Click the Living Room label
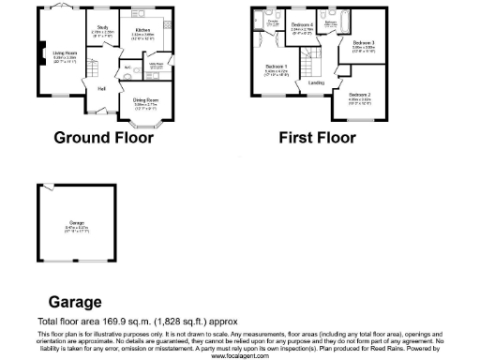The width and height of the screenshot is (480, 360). (x=65, y=53)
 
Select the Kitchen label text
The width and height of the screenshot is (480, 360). (x=142, y=31)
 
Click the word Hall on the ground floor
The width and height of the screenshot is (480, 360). (x=101, y=88)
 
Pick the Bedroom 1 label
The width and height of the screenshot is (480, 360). (x=276, y=66)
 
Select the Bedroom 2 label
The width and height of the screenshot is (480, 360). (x=360, y=95)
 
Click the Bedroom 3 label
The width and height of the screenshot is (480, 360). (x=364, y=43)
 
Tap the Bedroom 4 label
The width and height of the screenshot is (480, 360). (x=301, y=24)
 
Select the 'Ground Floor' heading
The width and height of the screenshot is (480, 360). (x=103, y=138)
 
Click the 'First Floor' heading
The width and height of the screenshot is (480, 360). (x=318, y=138)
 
